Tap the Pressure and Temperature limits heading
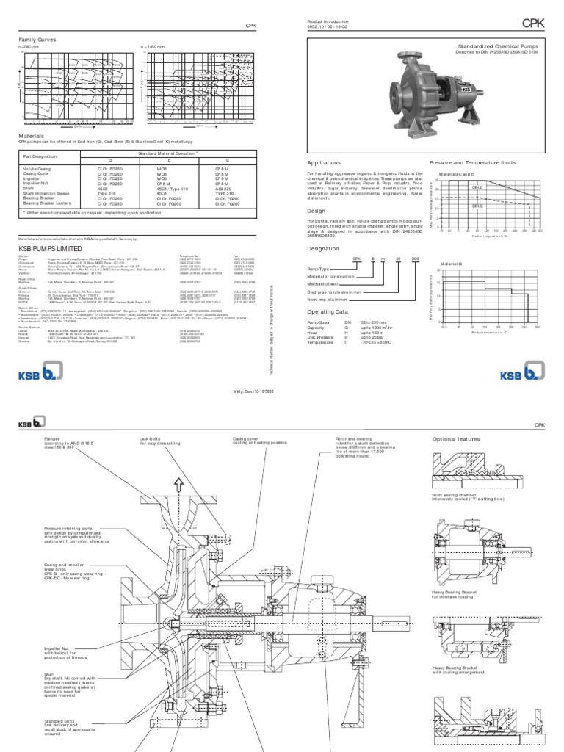[x=472, y=163]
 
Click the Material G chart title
[x=451, y=262]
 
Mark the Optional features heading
[x=455, y=439]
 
